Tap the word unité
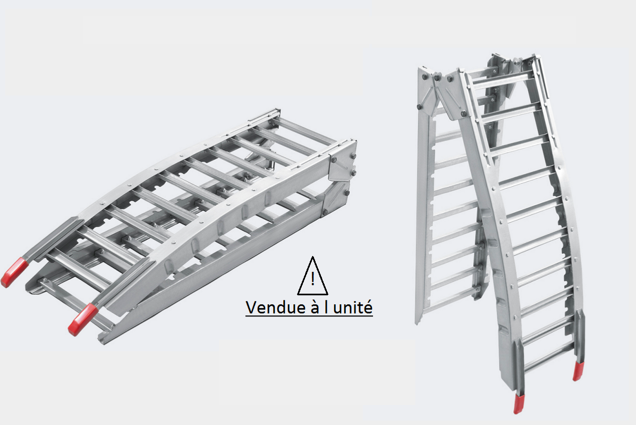coord(353,307)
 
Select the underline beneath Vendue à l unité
coord(309,315)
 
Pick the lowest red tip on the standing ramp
coord(518,404)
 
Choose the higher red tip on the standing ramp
coord(578,371)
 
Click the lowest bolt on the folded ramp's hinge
coord(325,212)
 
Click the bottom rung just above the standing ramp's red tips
coord(549,358)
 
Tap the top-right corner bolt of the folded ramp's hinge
coord(353,156)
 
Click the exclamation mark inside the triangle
coord(312,279)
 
